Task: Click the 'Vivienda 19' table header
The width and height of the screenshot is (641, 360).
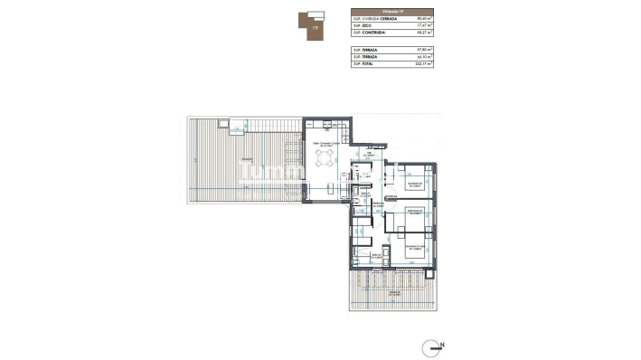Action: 391,10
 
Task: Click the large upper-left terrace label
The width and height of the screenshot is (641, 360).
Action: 246,161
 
